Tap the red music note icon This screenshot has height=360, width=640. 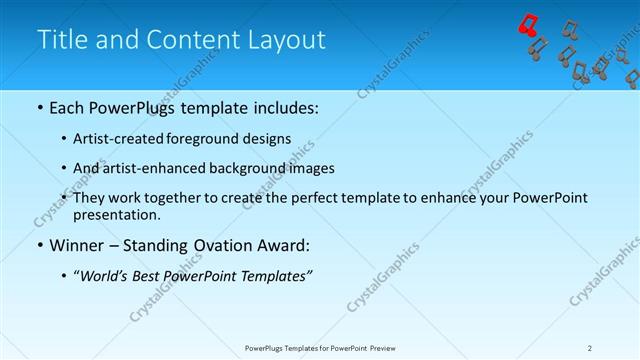pyautogui.click(x=528, y=24)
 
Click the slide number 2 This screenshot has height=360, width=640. pyautogui.click(x=590, y=347)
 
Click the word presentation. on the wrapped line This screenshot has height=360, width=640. pyautogui.click(x=117, y=214)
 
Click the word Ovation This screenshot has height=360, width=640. pyautogui.click(x=220, y=245)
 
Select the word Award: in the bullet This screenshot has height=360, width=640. pyautogui.click(x=283, y=245)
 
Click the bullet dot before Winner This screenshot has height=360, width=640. pyautogui.click(x=39, y=245)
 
